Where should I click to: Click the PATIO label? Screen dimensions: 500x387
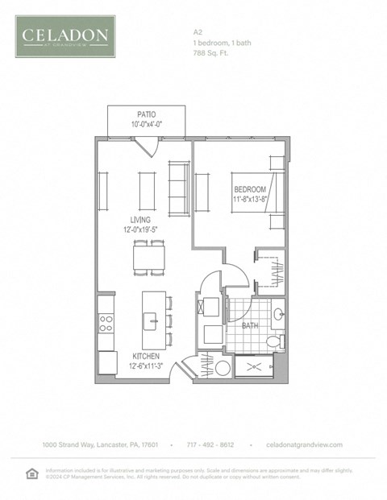[146, 114]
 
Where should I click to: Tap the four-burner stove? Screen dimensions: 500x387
[106, 323]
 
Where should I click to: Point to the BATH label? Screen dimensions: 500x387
[250, 326]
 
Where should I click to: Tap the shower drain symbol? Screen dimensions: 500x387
[257, 366]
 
